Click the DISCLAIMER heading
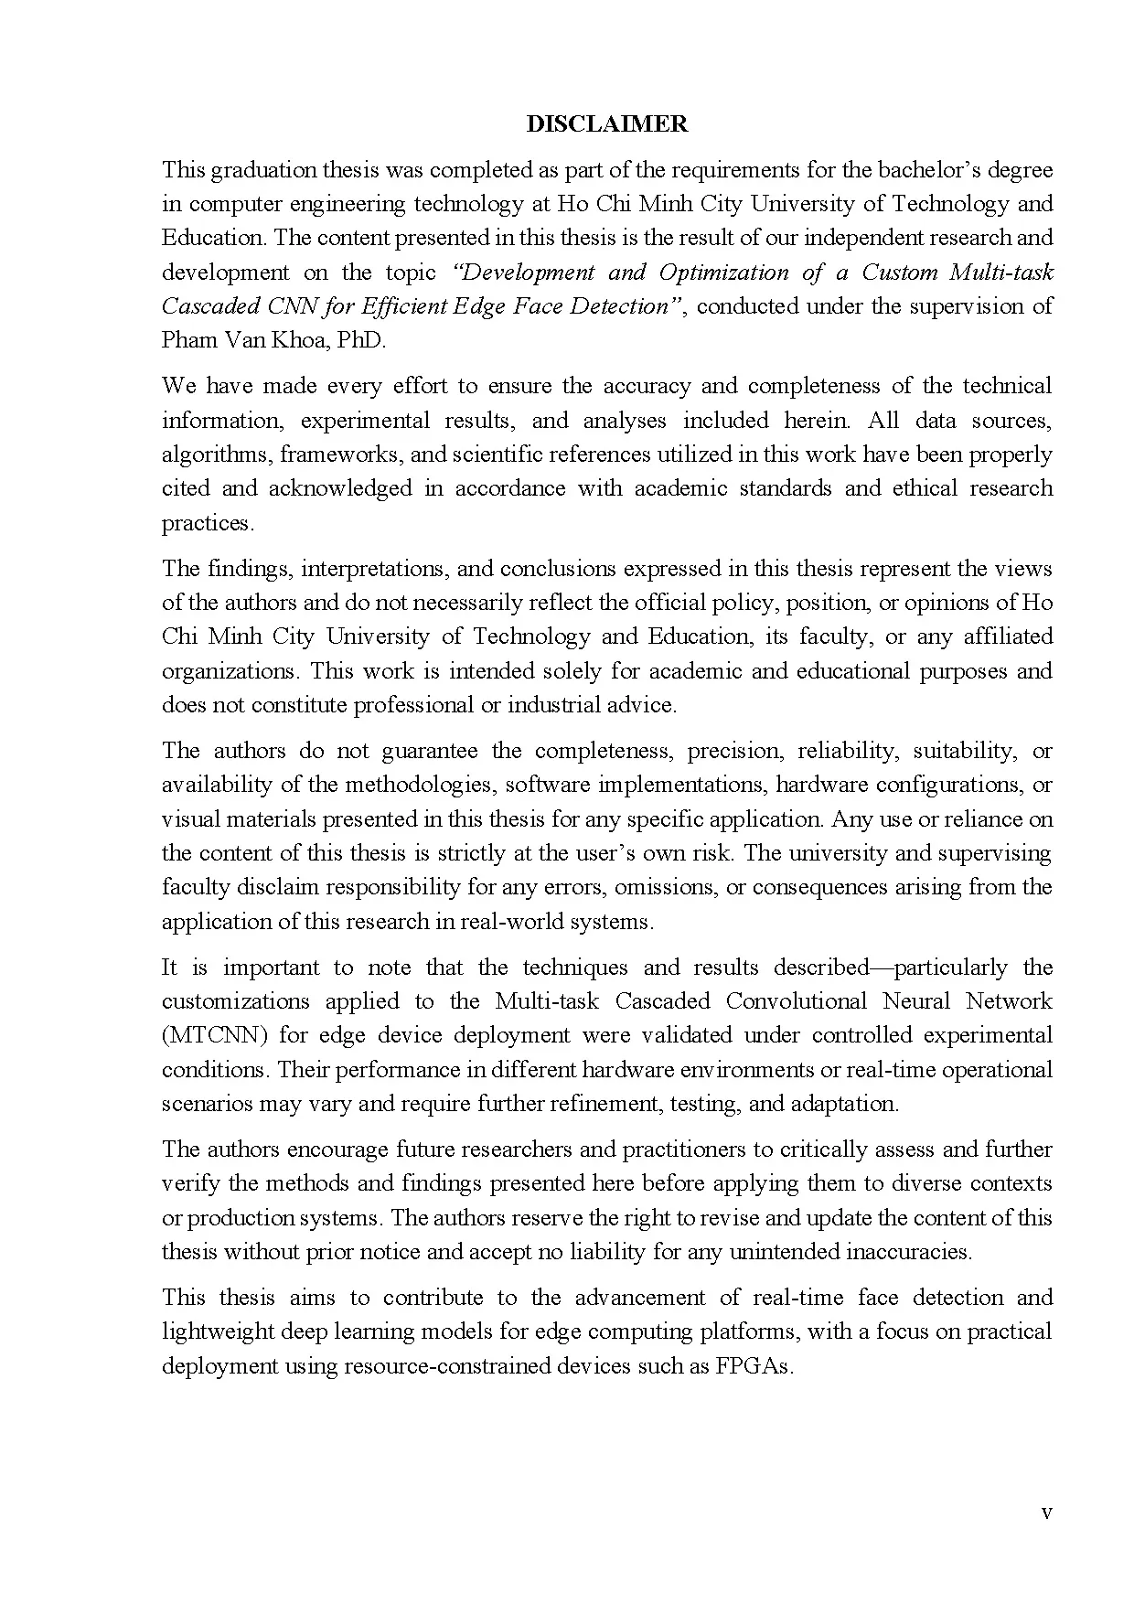tap(606, 124)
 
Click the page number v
tap(1046, 1513)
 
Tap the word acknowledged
tap(340, 488)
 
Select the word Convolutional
tap(796, 1001)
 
